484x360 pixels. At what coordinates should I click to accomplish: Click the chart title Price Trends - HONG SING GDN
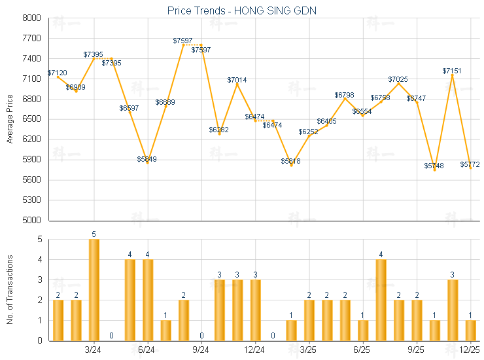[243, 10]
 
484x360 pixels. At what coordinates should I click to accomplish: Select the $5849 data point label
[147, 159]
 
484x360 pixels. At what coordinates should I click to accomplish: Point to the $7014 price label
[237, 80]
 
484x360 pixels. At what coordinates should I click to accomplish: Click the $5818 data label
[291, 161]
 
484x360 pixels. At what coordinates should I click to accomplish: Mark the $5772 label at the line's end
[470, 164]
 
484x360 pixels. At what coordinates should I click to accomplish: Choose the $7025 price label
[398, 79]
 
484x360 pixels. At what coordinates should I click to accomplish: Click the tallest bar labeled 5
[94, 289]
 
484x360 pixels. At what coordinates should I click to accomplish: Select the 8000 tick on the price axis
[31, 18]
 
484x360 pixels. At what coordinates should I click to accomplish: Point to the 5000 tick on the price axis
[31, 220]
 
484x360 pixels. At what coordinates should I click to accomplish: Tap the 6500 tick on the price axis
[31, 119]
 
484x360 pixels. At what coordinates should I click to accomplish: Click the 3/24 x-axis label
[93, 350]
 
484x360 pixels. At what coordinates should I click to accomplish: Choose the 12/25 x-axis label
[470, 350]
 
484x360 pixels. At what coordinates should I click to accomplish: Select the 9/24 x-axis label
[201, 350]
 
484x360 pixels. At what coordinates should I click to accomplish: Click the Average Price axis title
[10, 119]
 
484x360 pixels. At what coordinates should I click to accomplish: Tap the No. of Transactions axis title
[10, 289]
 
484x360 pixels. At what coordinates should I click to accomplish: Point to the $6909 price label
[75, 87]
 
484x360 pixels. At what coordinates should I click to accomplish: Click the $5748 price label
[434, 166]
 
